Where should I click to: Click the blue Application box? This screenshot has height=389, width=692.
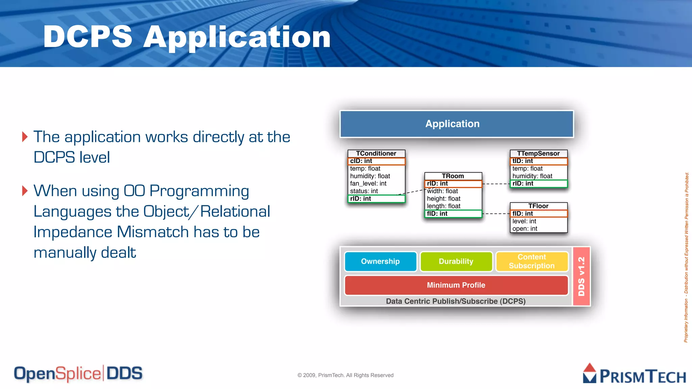point(456,124)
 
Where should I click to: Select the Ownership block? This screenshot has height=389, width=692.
point(380,261)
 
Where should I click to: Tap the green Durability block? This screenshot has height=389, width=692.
point(456,261)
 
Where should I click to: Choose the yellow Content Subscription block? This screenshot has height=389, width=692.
point(532,261)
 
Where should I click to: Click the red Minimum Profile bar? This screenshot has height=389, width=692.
point(456,285)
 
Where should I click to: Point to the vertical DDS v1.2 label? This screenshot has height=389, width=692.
point(582,276)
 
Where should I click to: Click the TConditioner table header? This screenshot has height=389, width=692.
point(376,154)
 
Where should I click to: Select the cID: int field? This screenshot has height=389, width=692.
point(376,161)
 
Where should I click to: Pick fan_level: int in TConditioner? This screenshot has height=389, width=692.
point(368,184)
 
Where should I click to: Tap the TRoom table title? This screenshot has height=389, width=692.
point(453,176)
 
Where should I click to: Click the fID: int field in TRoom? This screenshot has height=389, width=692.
point(453,214)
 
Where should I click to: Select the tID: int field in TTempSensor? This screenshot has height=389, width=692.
point(538,161)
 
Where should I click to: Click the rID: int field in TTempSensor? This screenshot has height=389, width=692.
point(538,184)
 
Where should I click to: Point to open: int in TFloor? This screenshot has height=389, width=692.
point(525,229)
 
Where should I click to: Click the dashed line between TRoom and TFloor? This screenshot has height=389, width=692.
point(496,214)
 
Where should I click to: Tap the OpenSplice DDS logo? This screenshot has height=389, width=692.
point(78,374)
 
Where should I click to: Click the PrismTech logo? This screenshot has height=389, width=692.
point(634,374)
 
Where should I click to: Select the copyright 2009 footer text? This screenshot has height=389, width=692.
point(345,375)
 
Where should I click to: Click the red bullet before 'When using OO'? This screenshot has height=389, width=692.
point(25,191)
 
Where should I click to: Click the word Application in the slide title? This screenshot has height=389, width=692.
point(237,37)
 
